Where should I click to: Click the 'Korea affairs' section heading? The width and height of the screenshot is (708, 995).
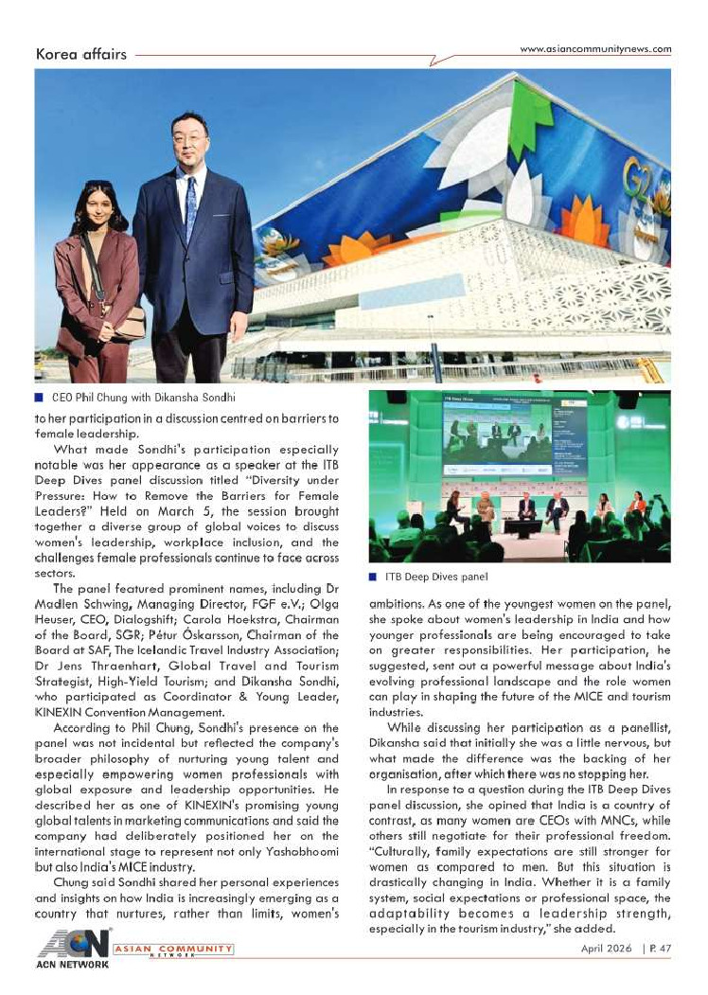80,54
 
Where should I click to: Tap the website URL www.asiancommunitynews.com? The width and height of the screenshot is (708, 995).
595,49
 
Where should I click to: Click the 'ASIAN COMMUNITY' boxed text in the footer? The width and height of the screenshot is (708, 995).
172,948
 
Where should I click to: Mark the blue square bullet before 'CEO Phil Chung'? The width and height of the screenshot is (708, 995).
40,399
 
